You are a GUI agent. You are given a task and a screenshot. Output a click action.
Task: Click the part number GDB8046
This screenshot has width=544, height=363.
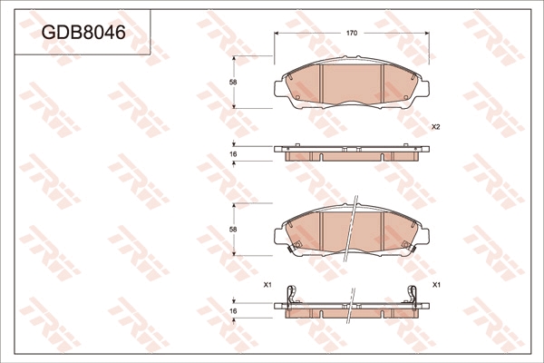tap(83, 33)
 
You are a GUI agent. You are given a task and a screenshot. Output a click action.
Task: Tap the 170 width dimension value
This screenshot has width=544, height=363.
tap(352, 34)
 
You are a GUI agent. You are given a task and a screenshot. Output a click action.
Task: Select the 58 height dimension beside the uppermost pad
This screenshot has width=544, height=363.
tap(233, 83)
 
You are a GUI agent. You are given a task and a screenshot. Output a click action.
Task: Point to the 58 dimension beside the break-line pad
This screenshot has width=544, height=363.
tap(233, 230)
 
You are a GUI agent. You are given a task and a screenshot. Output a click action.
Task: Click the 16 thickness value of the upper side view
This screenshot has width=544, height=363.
tap(233, 154)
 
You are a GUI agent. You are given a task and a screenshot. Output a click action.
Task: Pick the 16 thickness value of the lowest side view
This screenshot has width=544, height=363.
tap(233, 311)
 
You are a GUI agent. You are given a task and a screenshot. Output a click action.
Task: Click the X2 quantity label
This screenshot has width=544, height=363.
tap(436, 127)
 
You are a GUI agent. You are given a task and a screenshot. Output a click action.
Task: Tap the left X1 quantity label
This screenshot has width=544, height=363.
tap(267, 285)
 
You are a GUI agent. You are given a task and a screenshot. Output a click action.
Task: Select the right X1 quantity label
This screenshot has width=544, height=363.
tap(436, 285)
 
